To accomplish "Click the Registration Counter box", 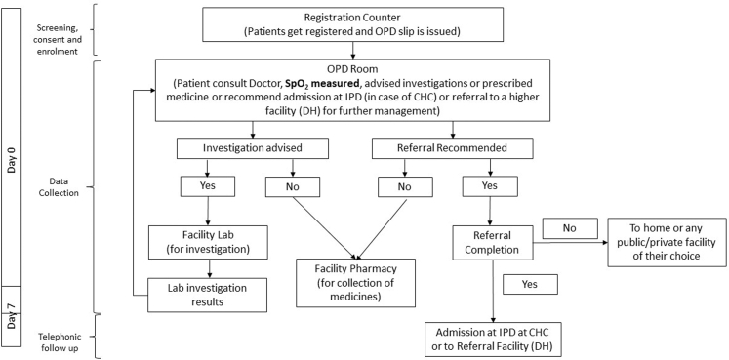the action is coord(353,24).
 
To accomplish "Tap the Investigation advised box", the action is coord(253,148).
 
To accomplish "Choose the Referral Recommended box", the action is coord(452,148).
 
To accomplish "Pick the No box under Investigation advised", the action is coord(293,187).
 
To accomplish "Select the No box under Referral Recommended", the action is coord(405,187).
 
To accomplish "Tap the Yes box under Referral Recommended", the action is coord(490,186).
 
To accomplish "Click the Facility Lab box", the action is coord(209,242).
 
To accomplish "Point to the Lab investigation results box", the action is coord(207,295).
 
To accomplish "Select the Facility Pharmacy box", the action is coord(355,282).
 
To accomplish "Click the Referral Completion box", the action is coord(492,243).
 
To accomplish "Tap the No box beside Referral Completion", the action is coord(570,228).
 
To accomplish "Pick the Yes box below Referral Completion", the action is coord(531,284).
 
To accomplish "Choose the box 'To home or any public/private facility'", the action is coord(668,243).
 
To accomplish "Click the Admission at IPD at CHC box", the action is coord(493,340).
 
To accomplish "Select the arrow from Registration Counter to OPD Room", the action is coord(353,50).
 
